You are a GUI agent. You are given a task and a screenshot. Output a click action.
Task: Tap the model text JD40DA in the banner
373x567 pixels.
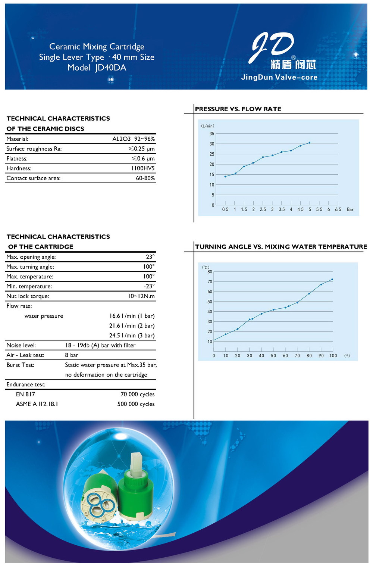[x=111, y=68]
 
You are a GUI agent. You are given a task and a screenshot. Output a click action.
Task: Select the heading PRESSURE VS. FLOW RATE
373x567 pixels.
[x=238, y=109]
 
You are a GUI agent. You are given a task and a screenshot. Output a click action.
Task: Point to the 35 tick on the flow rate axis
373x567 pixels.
[x=212, y=134]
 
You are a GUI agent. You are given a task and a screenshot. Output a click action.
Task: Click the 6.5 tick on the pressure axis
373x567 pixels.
[x=338, y=209]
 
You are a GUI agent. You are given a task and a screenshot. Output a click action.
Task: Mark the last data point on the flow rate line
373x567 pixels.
[x=309, y=143]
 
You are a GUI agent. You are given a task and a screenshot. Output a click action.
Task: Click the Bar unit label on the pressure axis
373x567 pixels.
[x=350, y=209]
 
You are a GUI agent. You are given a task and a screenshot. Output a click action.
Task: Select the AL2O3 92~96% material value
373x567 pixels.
[x=134, y=139]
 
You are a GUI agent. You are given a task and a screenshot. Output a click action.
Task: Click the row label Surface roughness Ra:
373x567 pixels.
[x=34, y=149]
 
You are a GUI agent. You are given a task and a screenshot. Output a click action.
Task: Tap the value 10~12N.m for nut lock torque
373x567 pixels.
[x=141, y=296]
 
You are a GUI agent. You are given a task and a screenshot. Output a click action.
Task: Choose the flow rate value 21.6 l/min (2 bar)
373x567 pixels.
[x=132, y=326]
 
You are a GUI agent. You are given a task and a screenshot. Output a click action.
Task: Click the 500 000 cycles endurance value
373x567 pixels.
[x=136, y=404]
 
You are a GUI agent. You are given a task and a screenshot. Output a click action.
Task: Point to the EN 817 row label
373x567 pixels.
[x=25, y=394]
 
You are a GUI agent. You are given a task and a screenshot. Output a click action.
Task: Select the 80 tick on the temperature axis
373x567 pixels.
[x=210, y=272]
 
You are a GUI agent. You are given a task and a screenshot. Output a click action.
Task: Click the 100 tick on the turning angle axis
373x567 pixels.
[x=333, y=356]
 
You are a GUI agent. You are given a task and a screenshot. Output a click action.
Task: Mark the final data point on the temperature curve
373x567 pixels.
[x=332, y=279]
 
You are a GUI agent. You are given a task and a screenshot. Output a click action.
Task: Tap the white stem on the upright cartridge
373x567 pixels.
[x=137, y=462]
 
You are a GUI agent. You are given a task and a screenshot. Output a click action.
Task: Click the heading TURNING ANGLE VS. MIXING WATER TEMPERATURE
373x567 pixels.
[x=281, y=247]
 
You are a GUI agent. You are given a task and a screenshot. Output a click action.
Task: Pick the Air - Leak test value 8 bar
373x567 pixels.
[x=72, y=355]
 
